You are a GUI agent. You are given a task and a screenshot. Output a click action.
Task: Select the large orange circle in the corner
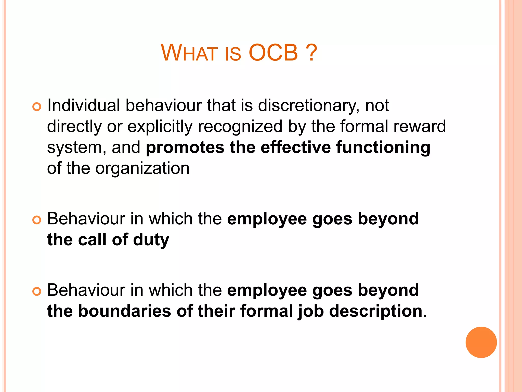click(x=481, y=342)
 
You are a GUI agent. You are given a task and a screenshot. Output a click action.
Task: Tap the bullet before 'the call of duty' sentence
click(x=37, y=220)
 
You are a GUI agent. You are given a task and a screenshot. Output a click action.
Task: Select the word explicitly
click(x=160, y=127)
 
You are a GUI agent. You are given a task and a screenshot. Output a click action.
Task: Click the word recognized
click(x=240, y=127)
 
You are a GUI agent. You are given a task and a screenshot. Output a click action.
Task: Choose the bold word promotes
click(x=185, y=148)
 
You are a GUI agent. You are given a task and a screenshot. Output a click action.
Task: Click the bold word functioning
click(x=383, y=148)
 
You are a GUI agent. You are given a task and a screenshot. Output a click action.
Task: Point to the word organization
click(x=142, y=169)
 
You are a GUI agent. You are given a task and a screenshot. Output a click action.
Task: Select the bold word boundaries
click(x=124, y=311)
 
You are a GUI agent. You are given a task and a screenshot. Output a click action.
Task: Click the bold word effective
click(x=295, y=147)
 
